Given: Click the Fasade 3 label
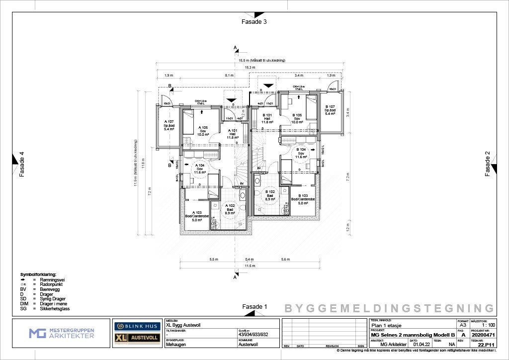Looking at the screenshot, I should (x=254, y=22).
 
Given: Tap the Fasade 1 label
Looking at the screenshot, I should (x=254, y=307).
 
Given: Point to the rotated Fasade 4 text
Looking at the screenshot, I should (x=21, y=165).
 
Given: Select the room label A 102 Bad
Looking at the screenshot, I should (x=230, y=209).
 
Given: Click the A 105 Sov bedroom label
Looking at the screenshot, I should (x=203, y=131).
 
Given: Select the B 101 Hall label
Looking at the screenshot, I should (x=267, y=119).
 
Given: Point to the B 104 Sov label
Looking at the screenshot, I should (x=301, y=153).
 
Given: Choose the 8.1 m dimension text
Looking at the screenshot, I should (x=229, y=75).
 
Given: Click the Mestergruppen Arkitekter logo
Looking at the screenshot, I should (x=61, y=333).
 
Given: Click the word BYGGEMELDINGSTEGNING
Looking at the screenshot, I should (x=389, y=308).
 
